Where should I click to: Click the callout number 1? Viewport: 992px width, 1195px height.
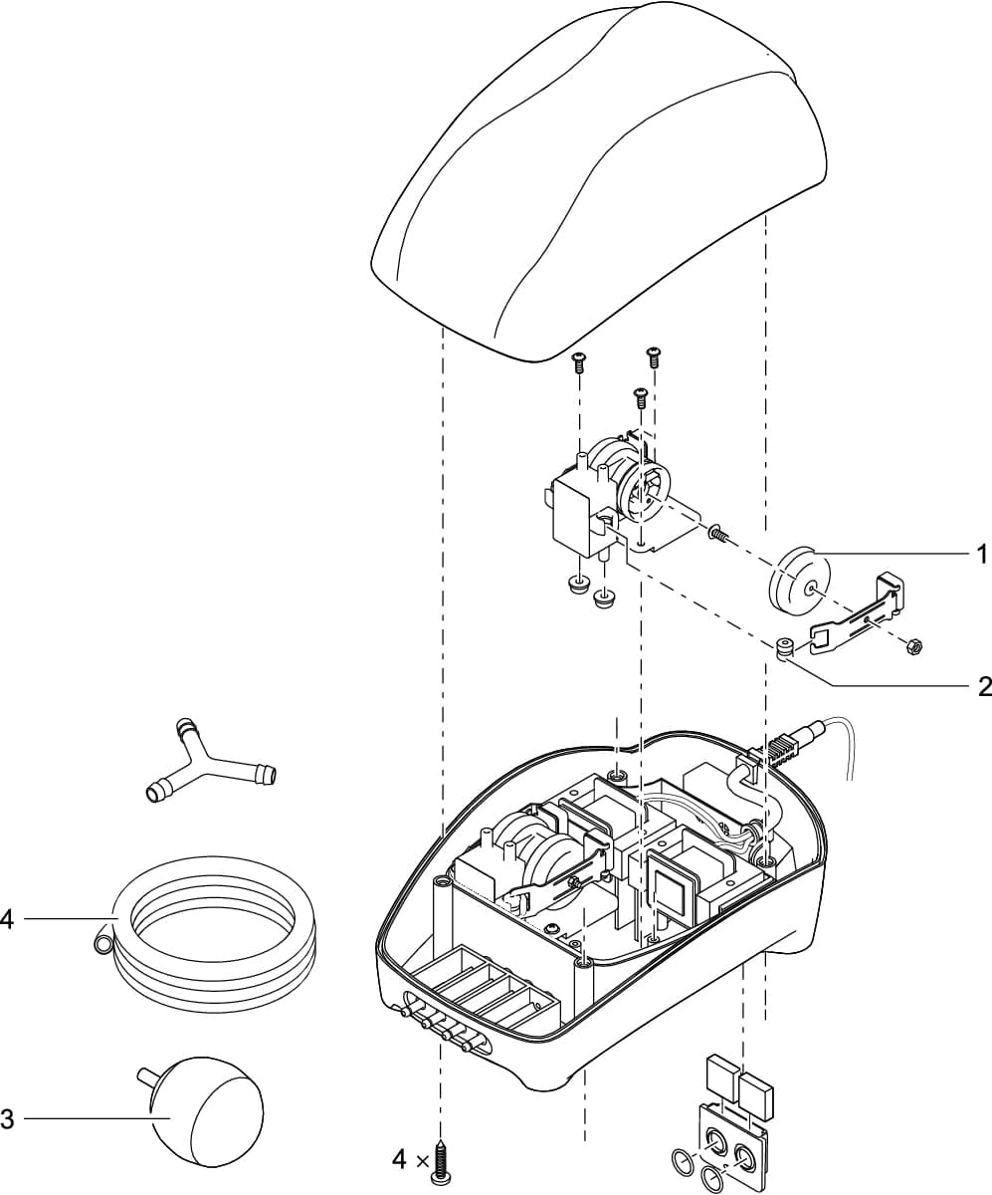pos(981,550)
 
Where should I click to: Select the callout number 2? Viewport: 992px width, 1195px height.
pos(983,685)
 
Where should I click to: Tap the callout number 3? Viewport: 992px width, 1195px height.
pos(7,1119)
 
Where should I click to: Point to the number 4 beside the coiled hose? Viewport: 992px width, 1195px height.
pos(7,919)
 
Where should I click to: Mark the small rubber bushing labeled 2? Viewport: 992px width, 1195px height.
pos(784,649)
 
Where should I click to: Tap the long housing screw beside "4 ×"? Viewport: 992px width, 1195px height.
pos(440,1161)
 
